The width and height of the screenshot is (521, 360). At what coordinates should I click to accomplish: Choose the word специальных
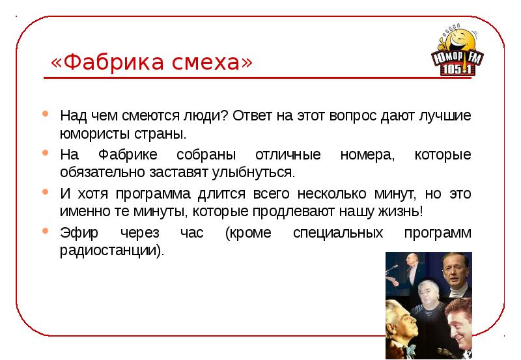pyautogui.click(x=332, y=232)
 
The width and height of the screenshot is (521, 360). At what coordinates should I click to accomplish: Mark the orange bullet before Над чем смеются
pyautogui.click(x=45, y=115)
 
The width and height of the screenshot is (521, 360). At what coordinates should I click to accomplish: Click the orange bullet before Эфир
pyautogui.click(x=45, y=231)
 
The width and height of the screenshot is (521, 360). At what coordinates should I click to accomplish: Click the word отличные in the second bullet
pyautogui.click(x=288, y=155)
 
